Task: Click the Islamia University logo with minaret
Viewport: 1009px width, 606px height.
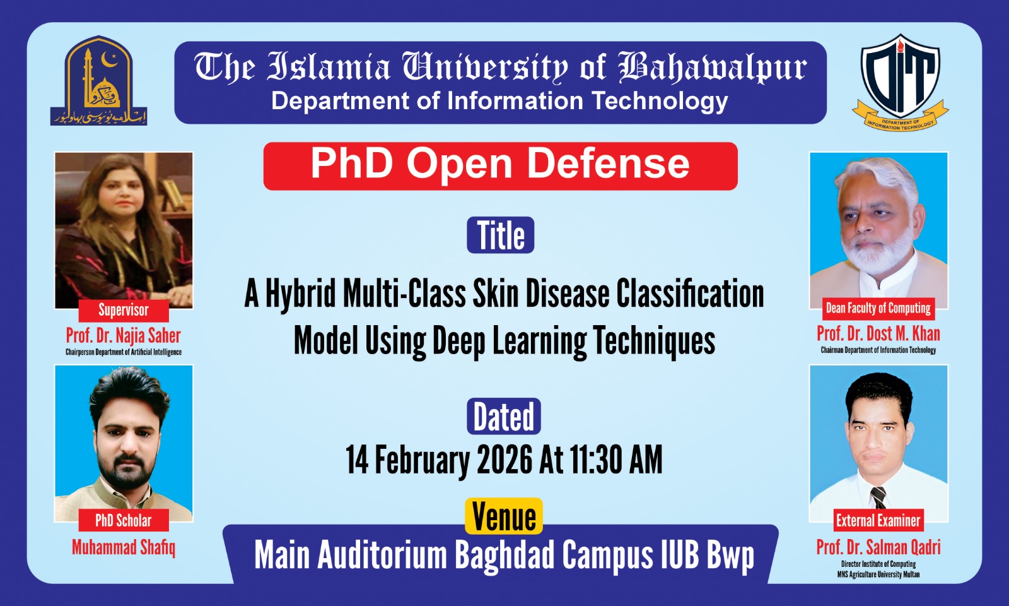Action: coord(99,80)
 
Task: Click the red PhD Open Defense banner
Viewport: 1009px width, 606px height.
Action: coord(500,166)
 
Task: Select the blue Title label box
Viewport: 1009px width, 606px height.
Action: coord(500,235)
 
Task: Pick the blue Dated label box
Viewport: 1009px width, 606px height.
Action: coord(503,417)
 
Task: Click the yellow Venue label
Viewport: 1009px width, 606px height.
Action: coord(503,516)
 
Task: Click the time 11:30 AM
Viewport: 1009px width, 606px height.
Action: coord(616,460)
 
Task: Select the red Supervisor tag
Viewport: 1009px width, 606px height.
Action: coord(124,310)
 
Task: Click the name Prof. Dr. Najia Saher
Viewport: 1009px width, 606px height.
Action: coord(124,335)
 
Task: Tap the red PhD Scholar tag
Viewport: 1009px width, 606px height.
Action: coord(124,520)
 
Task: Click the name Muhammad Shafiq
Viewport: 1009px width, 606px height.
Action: coord(124,547)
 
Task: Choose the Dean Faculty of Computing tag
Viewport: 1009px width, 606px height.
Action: coord(878,308)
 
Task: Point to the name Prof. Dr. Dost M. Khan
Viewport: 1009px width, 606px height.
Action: coord(878,333)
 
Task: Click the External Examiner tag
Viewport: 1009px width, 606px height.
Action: coord(878,520)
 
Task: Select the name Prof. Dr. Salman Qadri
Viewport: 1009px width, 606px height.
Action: coord(878,547)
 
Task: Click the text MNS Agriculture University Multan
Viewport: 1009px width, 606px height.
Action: coord(878,574)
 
